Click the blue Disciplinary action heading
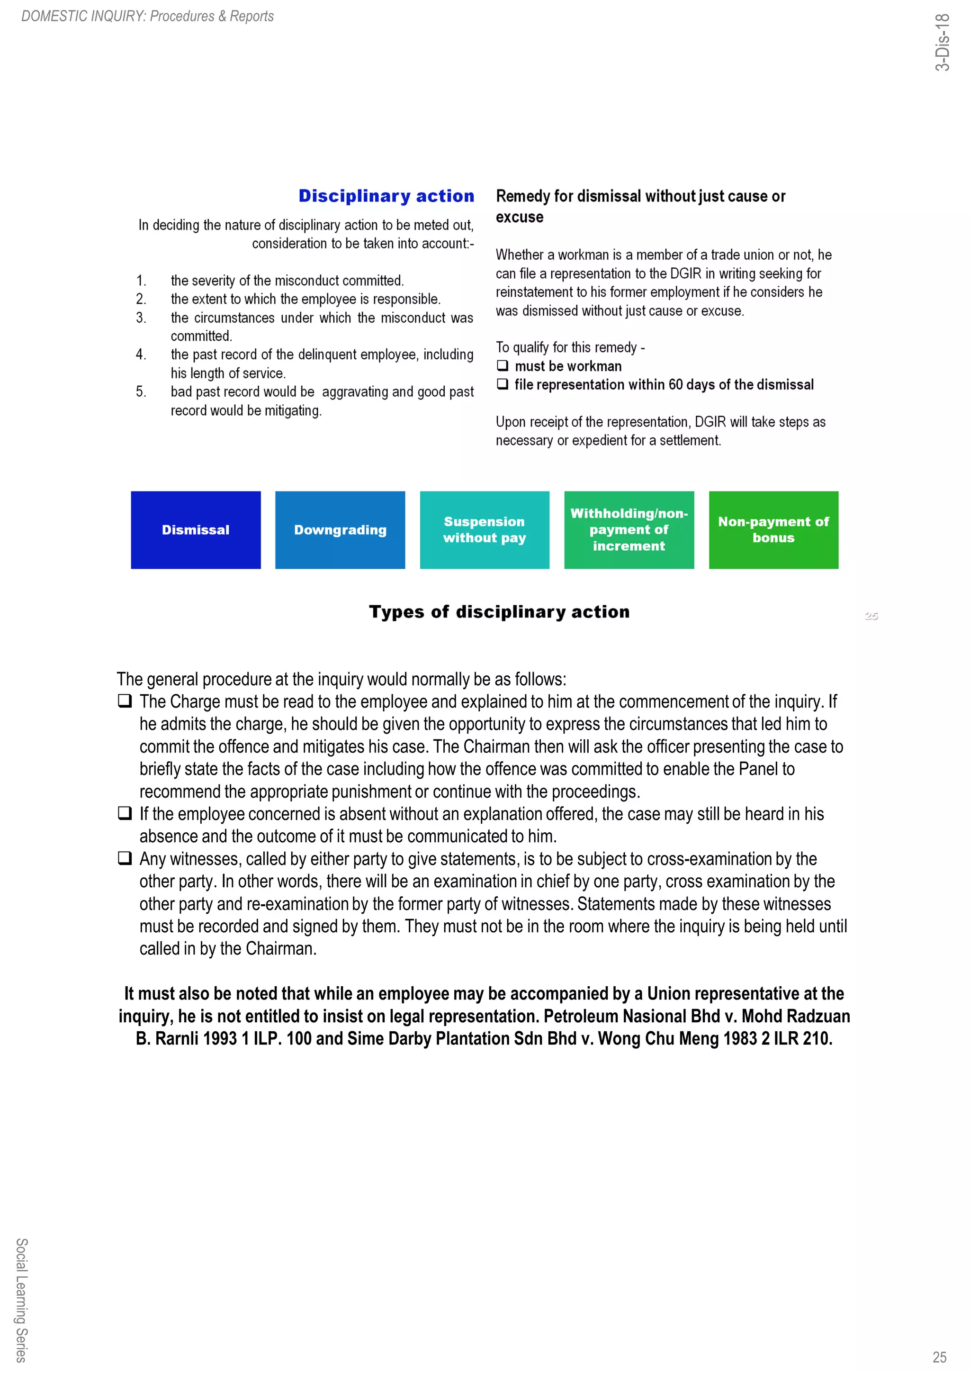coord(386,196)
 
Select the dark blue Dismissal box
coord(196,530)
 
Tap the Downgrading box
coord(340,530)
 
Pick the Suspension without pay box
coord(484,530)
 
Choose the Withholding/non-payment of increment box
coord(629,530)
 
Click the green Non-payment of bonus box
coord(773,530)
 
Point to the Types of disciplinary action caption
coord(499,612)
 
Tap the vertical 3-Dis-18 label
coord(942,42)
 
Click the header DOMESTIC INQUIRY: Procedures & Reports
coord(148,16)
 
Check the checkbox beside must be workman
coord(503,365)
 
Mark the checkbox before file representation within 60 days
coord(503,384)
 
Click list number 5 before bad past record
coord(141,391)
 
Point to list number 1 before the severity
coord(141,281)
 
